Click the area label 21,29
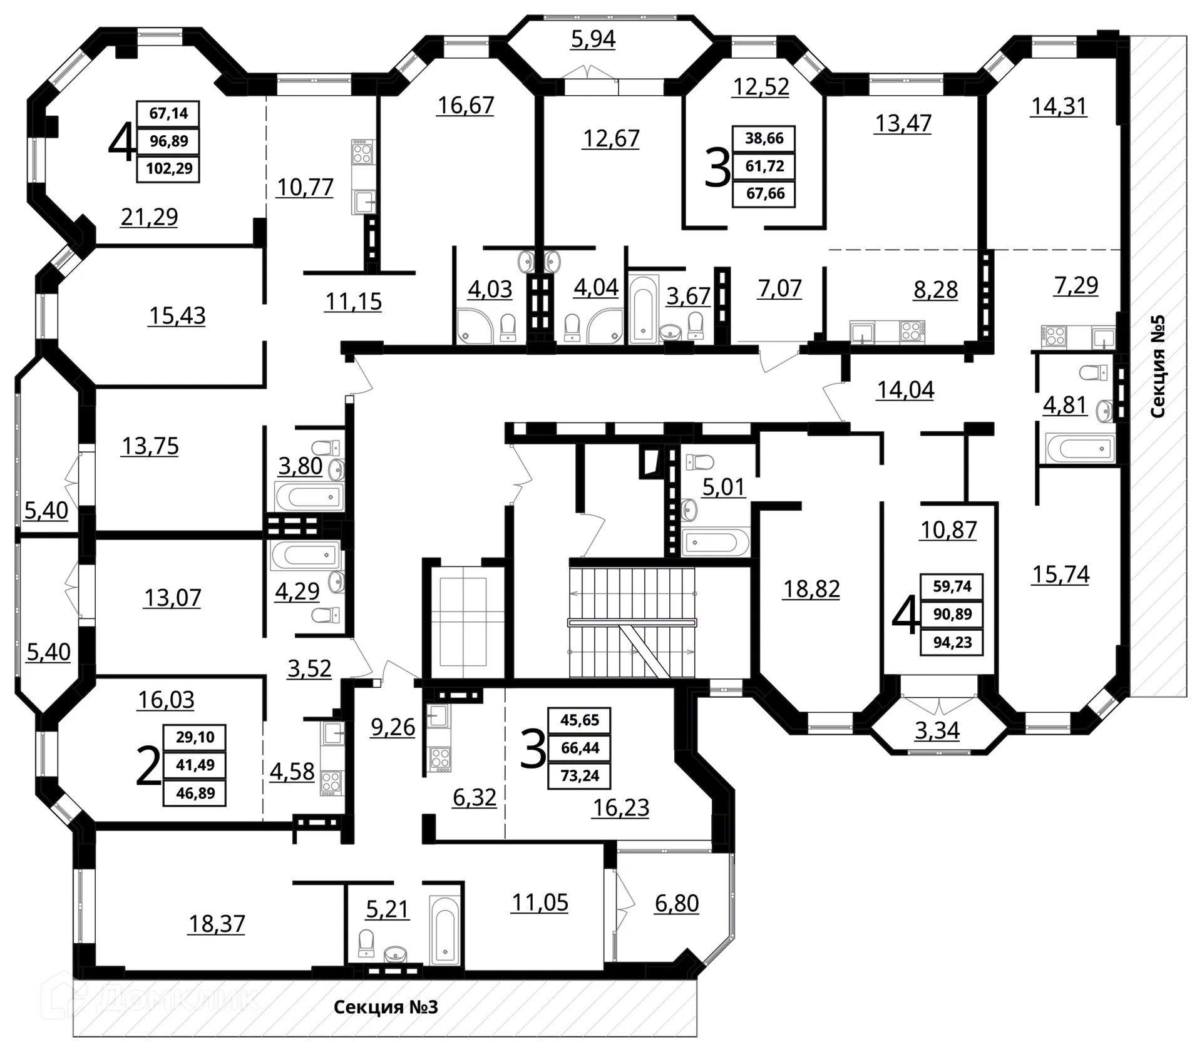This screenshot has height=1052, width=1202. click(149, 217)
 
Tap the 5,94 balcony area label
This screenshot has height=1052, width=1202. click(593, 39)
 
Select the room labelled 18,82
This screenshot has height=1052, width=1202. click(811, 589)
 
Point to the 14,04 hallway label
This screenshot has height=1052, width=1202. click(905, 390)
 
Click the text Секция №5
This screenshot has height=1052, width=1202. click(1158, 366)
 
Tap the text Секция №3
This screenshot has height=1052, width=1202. click(386, 1025)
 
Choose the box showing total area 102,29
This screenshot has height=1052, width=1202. click(168, 168)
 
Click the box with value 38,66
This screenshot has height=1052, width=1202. click(764, 138)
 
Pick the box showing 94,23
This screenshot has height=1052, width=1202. click(952, 642)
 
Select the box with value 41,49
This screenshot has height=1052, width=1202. click(195, 765)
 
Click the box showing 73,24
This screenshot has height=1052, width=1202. click(579, 776)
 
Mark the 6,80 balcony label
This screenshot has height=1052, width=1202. click(676, 904)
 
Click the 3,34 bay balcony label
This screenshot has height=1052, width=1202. click(937, 730)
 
